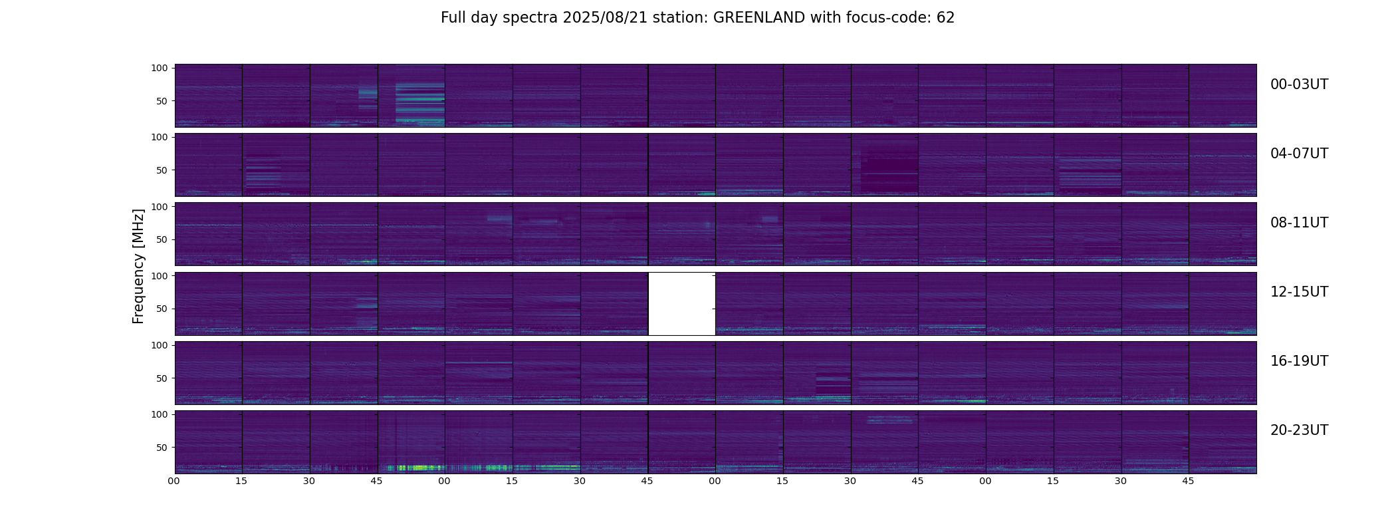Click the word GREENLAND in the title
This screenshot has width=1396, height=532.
pos(758,18)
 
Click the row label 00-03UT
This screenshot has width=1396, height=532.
pos(1299,84)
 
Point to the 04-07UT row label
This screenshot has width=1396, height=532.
pos(1299,154)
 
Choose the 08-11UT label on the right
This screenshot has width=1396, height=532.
pos(1299,223)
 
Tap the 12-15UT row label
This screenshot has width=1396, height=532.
pos(1299,292)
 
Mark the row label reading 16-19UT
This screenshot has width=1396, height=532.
pos(1299,361)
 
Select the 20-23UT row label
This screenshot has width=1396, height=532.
pos(1299,430)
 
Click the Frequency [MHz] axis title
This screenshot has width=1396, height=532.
pos(138,266)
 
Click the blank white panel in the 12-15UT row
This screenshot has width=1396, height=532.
pos(681,303)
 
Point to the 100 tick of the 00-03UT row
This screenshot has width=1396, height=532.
pos(160,68)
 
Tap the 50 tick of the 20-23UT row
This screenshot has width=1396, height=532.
pos(162,448)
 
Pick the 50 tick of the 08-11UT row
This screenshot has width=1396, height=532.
pos(162,239)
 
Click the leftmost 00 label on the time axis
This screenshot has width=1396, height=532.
pos(174,481)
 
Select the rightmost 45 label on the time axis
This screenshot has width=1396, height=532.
pos(1188,481)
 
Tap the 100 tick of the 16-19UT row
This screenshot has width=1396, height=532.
pos(160,345)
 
